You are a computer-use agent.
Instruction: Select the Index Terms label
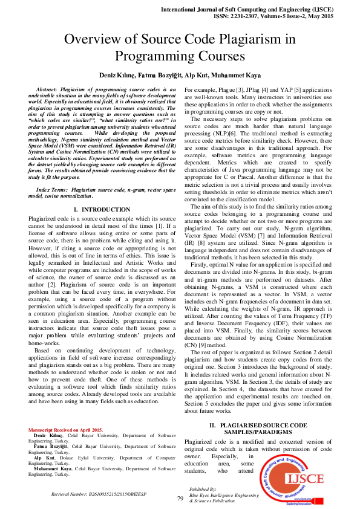point(49,190)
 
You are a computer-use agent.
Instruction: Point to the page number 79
point(180,499)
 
